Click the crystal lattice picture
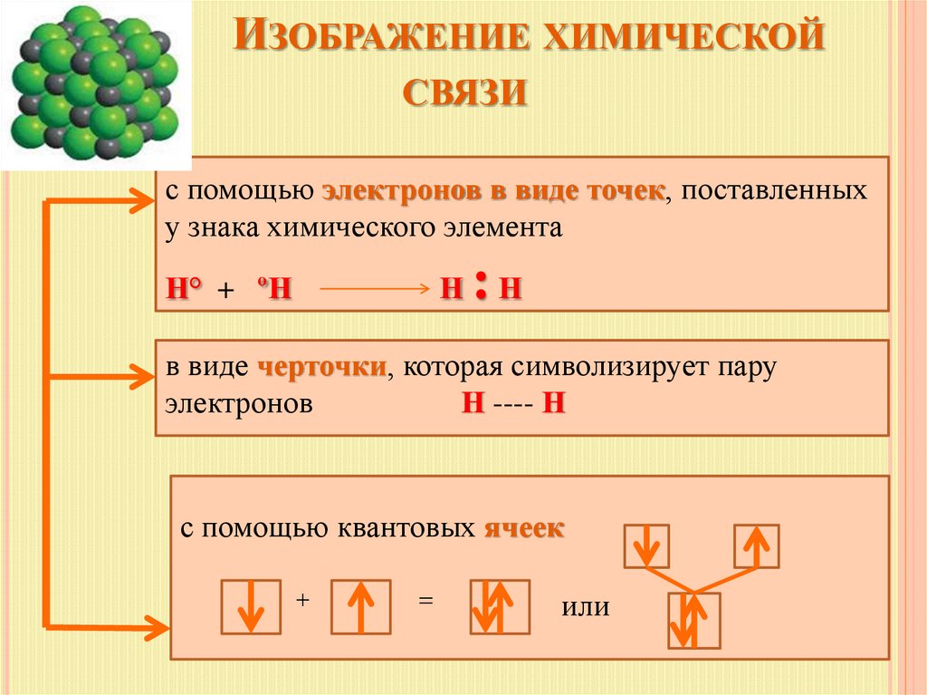coord(96,83)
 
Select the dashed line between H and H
coord(513,404)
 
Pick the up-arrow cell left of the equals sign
coord(360,606)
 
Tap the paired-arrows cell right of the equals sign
coord(498,606)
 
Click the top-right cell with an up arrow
coord(757,546)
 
